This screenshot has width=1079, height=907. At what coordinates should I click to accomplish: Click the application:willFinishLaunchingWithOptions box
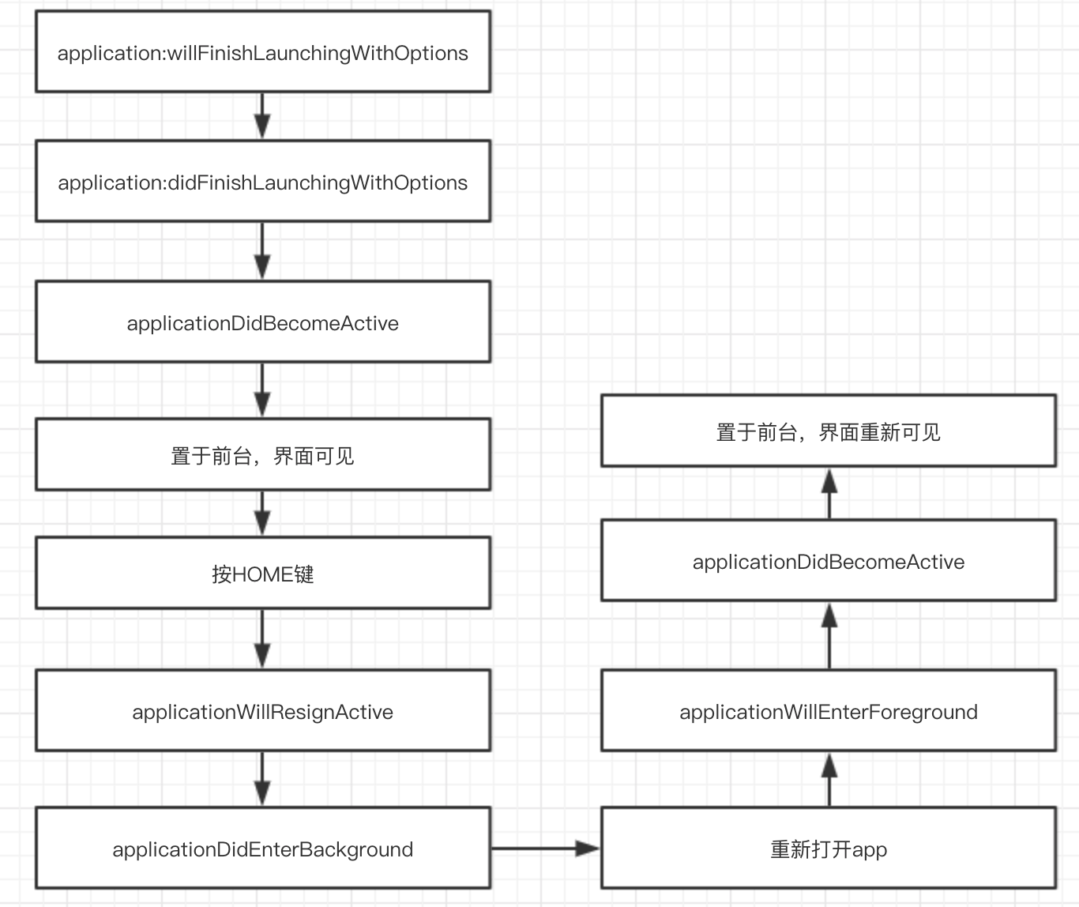click(x=263, y=51)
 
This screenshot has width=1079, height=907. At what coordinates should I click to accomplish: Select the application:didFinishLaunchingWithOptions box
click(x=263, y=181)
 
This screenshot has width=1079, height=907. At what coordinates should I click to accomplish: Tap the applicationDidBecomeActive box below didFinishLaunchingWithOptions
click(x=263, y=322)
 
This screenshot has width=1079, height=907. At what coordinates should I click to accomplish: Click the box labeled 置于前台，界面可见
click(x=263, y=454)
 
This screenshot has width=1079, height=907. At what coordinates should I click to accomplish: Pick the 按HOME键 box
click(x=263, y=573)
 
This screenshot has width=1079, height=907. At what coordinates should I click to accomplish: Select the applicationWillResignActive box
click(x=263, y=710)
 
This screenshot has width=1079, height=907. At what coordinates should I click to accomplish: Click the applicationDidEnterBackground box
click(x=263, y=848)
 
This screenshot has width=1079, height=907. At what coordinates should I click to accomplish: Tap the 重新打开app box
click(x=829, y=848)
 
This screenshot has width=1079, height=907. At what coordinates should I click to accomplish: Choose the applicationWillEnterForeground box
click(x=829, y=710)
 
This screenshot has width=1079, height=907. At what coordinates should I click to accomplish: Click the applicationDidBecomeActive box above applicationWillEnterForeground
click(x=829, y=560)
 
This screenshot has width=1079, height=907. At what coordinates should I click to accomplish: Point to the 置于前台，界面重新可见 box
click(x=829, y=431)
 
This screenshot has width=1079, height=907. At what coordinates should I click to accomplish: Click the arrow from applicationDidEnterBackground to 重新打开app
click(x=546, y=848)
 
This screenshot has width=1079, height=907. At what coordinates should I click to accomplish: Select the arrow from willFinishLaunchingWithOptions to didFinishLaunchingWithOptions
click(x=262, y=116)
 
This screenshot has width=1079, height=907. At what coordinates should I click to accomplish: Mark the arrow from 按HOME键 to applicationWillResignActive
click(x=262, y=639)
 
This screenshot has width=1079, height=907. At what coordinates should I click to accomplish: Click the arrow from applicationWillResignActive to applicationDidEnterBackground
click(x=262, y=779)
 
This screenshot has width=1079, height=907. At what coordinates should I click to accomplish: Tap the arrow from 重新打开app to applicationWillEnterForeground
click(x=829, y=779)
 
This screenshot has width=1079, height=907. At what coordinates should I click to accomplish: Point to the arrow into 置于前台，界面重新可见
click(x=829, y=494)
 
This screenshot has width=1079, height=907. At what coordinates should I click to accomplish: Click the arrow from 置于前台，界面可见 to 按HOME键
click(x=262, y=514)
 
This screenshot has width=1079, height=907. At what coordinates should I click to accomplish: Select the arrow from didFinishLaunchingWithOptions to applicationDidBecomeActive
click(x=262, y=251)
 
